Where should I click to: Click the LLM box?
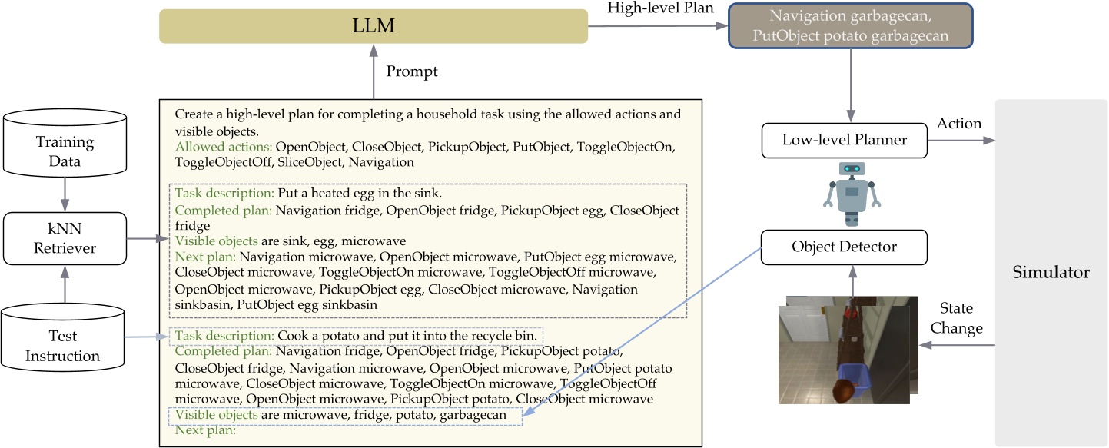point(374,26)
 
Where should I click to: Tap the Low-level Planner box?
point(844,140)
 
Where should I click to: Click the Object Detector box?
point(844,247)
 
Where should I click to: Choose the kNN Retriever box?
point(65,238)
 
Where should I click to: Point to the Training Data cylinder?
point(65,151)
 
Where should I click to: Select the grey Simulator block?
point(1051,272)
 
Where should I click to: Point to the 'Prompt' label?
point(412,71)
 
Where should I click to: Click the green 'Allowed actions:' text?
point(224,146)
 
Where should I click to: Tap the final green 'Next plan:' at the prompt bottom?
point(204,430)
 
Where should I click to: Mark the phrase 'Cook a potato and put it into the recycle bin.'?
point(407,336)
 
